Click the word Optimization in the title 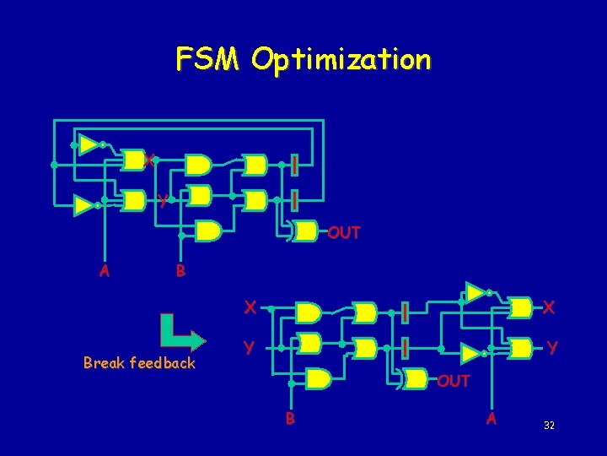click(341, 60)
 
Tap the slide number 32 click(549, 426)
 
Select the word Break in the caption click(104, 363)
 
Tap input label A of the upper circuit click(105, 271)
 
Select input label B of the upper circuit click(180, 271)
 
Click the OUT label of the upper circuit click(343, 232)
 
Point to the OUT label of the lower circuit click(453, 381)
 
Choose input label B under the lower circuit click(289, 416)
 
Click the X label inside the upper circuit click(148, 160)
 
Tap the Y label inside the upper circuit click(163, 201)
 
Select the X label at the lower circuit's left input click(250, 307)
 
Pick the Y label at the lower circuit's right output click(551, 347)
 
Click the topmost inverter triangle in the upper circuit click(89, 143)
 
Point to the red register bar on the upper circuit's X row click(294, 164)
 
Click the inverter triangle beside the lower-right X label click(476, 292)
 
